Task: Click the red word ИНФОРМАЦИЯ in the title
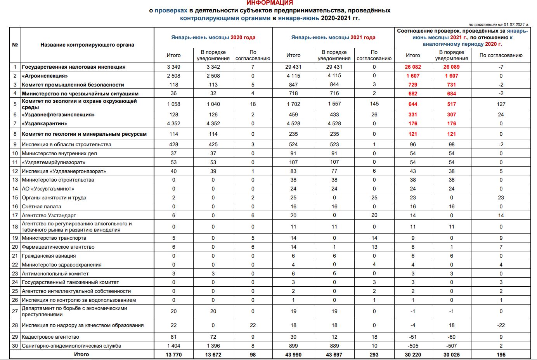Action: click(x=270, y=3)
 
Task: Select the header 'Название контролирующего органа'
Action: click(x=87, y=45)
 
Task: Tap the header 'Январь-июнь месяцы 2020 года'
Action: click(x=213, y=38)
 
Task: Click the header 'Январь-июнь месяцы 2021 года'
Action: click(x=333, y=38)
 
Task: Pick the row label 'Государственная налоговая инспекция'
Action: click(x=74, y=67)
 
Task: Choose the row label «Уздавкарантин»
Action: click(x=44, y=123)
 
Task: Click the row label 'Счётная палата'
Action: click(x=42, y=206)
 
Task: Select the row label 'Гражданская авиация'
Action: click(x=49, y=256)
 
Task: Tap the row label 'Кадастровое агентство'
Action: click(x=50, y=337)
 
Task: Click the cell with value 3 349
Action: click(x=173, y=67)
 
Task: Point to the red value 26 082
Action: click(x=413, y=67)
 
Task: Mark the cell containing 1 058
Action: click(x=173, y=104)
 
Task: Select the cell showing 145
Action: click(x=374, y=104)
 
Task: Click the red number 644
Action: click(x=413, y=104)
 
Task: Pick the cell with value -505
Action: click(x=413, y=346)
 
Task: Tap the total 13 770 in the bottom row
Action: click(x=173, y=355)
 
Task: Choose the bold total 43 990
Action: click(x=293, y=355)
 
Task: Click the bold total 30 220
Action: click(x=413, y=355)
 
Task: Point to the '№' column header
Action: click(x=15, y=45)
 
